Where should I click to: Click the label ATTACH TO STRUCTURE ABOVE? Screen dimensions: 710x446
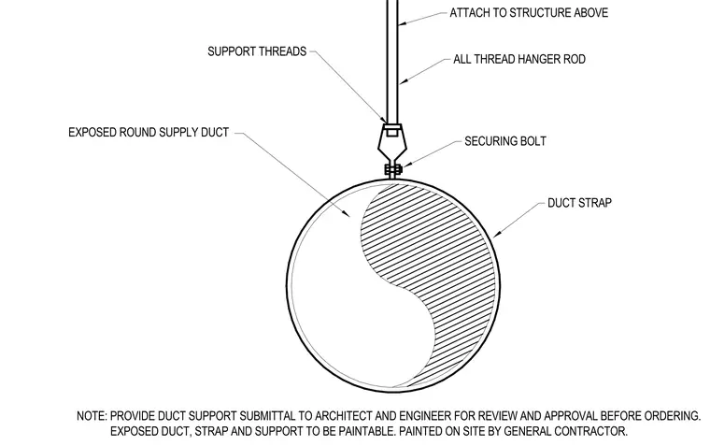(529, 13)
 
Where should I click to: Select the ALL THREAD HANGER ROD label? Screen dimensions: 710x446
(519, 60)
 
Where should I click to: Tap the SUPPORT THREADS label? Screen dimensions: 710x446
(257, 51)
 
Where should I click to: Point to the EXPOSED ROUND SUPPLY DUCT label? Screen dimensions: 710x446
(149, 133)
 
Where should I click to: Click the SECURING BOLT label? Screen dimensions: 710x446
(505, 141)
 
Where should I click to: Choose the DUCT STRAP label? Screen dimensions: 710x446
(579, 203)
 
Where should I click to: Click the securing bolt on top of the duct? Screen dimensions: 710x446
(393, 170)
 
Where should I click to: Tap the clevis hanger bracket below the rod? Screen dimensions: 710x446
(392, 141)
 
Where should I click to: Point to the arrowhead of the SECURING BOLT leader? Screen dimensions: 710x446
(404, 166)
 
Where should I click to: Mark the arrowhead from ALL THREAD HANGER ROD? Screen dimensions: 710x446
(403, 82)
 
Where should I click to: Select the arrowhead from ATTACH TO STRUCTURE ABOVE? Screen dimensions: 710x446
(402, 22)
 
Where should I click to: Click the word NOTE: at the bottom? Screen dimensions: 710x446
(92, 416)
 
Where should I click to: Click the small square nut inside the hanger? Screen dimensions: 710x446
(392, 133)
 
